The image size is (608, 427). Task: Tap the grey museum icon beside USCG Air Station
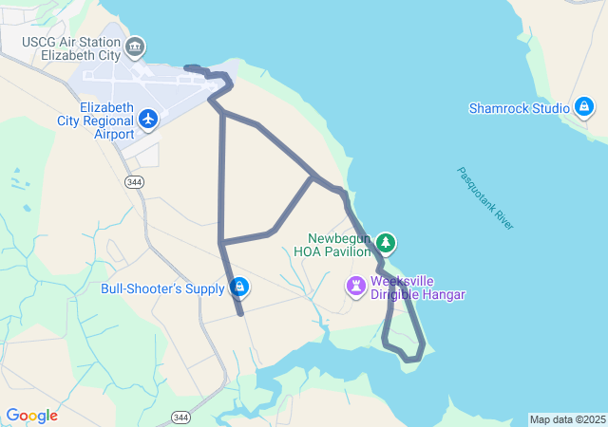135,46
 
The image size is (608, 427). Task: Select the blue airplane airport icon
148,119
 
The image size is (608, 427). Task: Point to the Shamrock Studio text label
519,108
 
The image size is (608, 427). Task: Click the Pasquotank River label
485,198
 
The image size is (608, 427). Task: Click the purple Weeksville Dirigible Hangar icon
356,286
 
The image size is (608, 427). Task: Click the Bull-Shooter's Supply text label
162,288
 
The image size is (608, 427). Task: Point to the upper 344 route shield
134,180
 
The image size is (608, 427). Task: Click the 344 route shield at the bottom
180,417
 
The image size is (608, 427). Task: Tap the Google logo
31,416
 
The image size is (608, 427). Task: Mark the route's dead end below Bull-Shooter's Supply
241,312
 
